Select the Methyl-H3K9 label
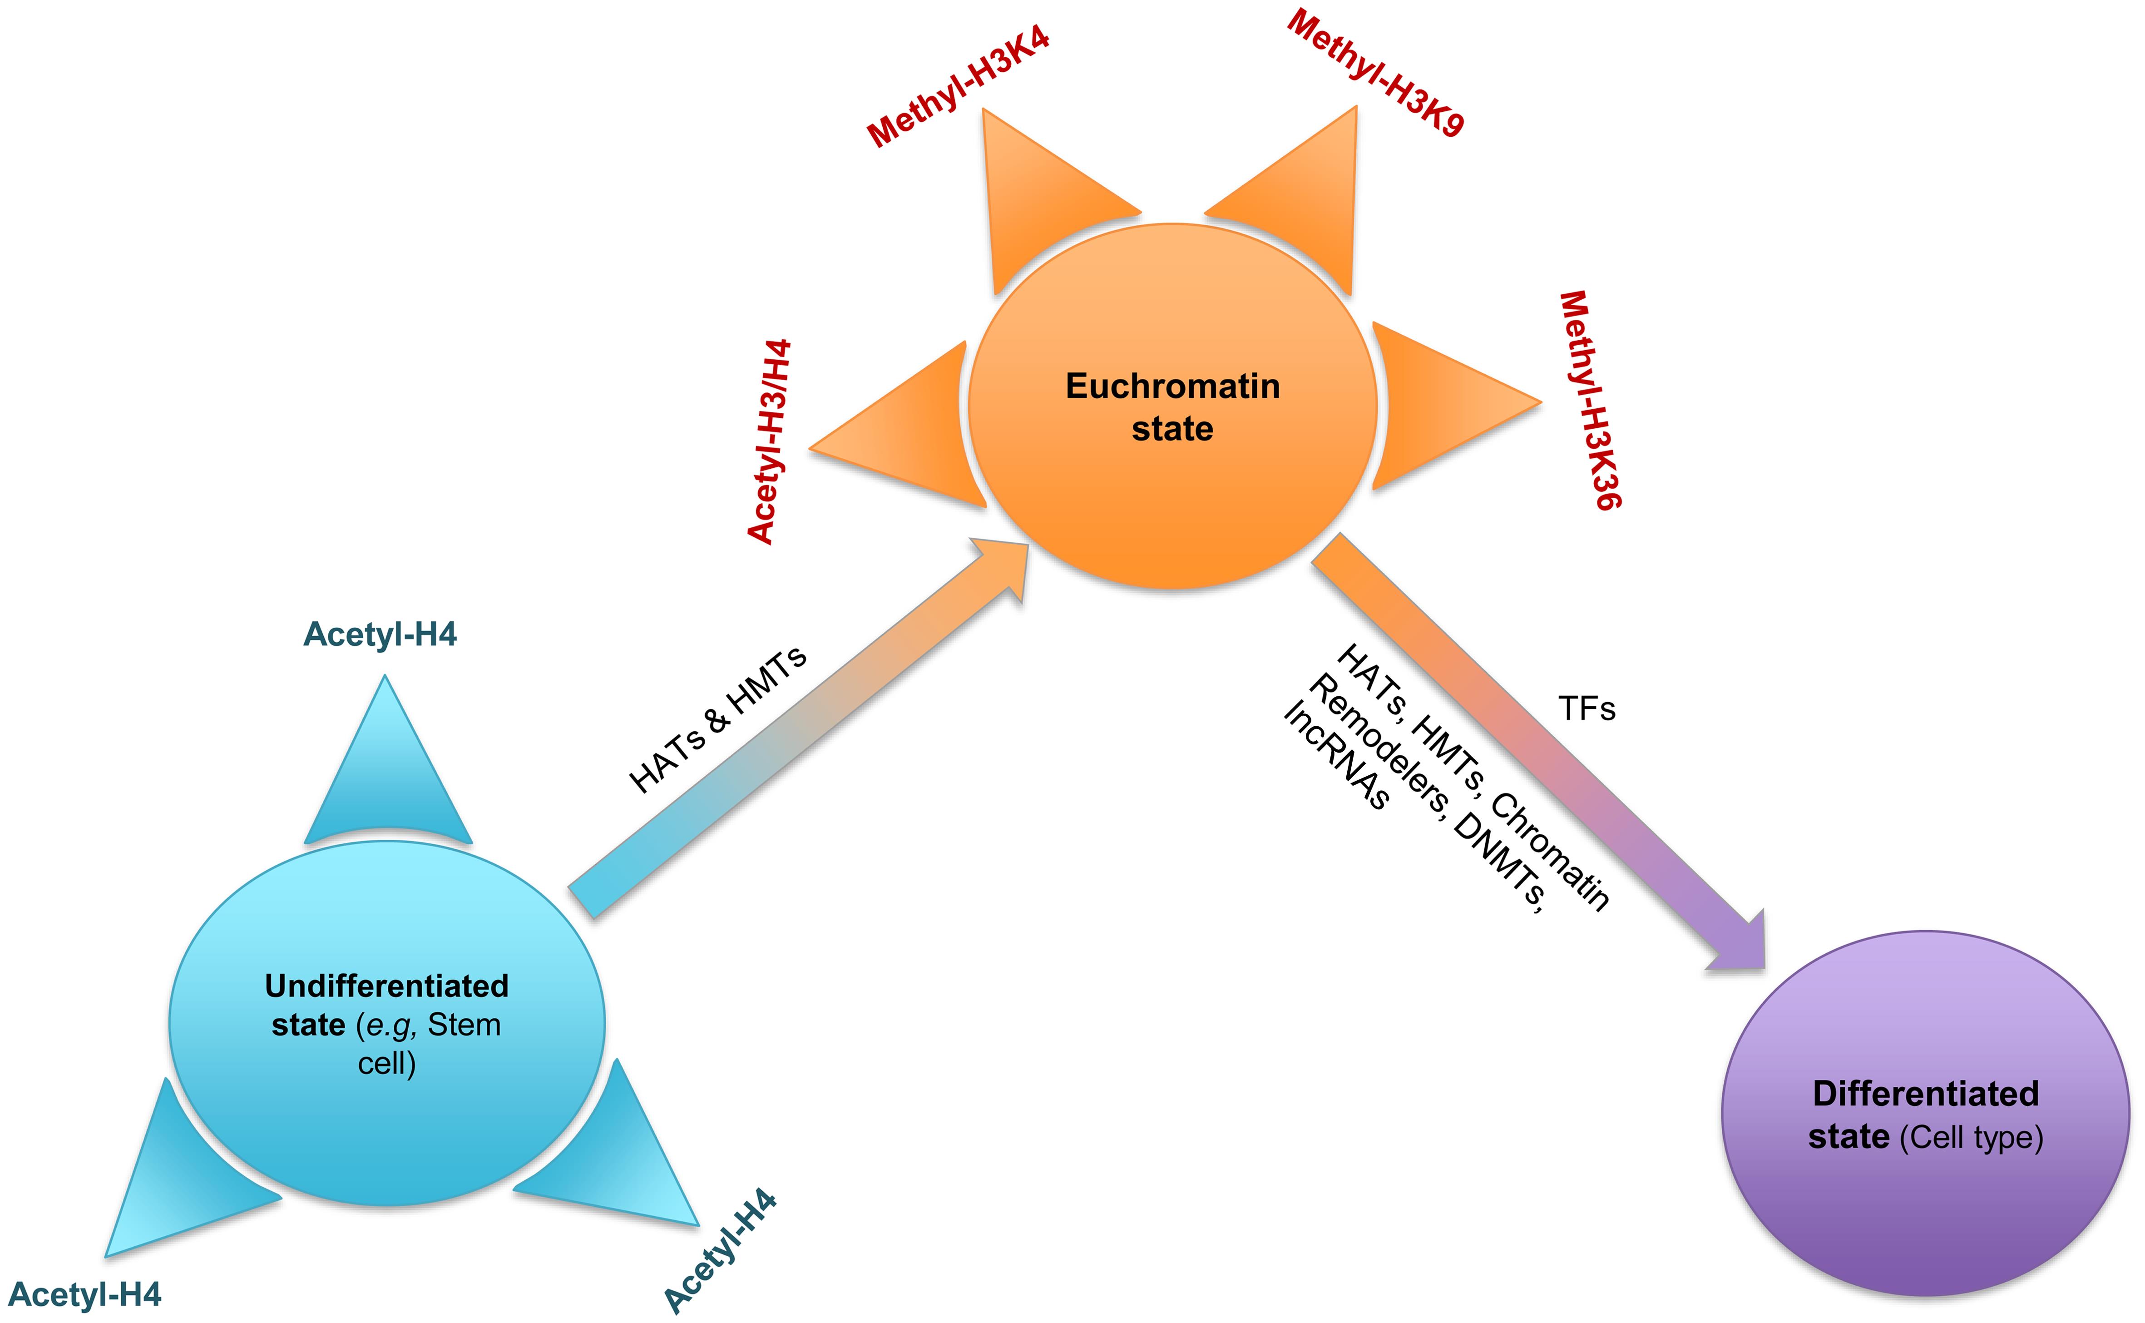tap(1375, 74)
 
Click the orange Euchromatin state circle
tap(1172, 407)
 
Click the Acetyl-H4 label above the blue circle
tap(380, 634)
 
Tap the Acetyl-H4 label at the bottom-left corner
tap(85, 1295)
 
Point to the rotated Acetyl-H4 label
tap(720, 1251)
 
